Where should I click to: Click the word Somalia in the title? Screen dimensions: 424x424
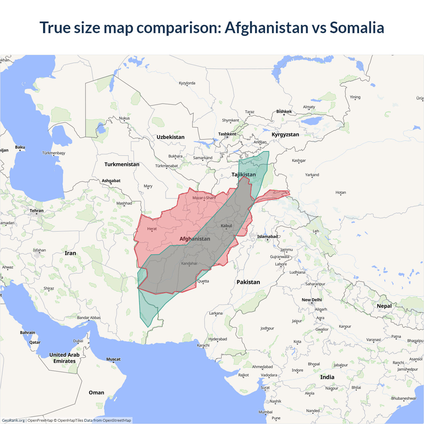point(357,27)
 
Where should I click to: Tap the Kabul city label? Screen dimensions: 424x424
point(227,226)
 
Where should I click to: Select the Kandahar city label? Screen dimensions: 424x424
point(189,264)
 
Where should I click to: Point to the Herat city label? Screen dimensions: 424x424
point(152,229)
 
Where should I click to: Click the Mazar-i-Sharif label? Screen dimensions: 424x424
point(204,198)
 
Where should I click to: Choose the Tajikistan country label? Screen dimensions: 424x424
point(243,175)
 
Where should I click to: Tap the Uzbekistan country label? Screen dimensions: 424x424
point(171,137)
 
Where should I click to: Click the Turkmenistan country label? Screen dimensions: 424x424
point(122,164)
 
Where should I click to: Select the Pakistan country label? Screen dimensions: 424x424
point(248,282)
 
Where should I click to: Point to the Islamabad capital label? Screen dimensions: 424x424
point(267,237)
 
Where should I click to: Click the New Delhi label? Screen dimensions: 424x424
point(312,300)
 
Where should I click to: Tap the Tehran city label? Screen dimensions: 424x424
point(36,211)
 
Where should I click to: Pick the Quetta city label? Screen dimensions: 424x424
point(203,281)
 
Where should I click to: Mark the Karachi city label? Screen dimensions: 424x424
point(203,345)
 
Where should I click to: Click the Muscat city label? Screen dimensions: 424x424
point(113,359)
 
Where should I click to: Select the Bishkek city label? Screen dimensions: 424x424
point(284,112)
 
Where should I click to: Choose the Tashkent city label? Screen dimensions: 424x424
point(227,134)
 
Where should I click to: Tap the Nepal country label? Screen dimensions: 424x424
point(384,306)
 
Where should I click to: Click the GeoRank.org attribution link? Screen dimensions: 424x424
point(13,420)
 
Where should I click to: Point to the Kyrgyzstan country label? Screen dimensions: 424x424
point(285,134)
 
